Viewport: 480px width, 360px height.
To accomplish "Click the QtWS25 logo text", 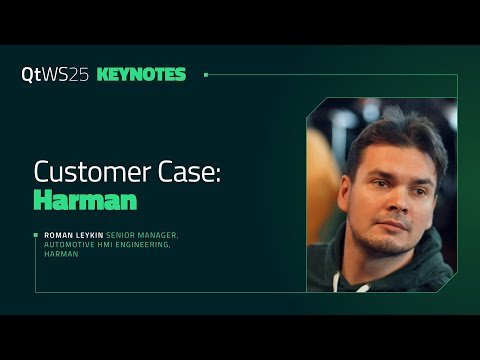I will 55,74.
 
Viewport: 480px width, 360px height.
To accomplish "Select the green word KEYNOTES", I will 142,74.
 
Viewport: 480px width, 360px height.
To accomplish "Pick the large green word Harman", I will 85,199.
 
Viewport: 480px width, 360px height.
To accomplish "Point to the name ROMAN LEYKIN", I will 73,235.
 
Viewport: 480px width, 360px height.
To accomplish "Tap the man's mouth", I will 396,230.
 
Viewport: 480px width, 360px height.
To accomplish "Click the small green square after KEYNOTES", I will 206,74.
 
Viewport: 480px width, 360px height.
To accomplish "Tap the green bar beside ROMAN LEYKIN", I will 37,235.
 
